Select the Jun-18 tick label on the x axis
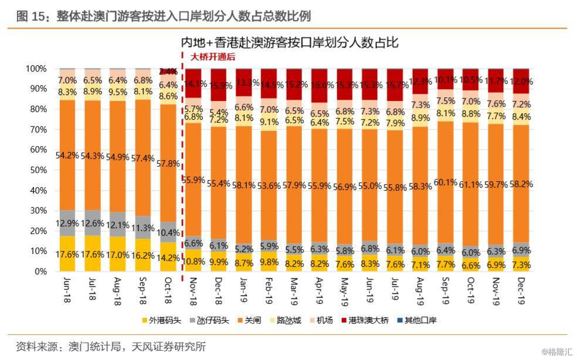[x=68, y=290]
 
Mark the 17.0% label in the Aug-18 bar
[x=118, y=256]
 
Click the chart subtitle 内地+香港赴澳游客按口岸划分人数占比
[x=289, y=42]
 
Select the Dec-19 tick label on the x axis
[x=522, y=290]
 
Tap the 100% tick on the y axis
[x=36, y=69]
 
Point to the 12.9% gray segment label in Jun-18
[x=68, y=223]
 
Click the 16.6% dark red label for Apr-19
[x=320, y=86]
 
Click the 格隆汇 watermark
[x=555, y=351]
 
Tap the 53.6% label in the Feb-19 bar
[x=269, y=186]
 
